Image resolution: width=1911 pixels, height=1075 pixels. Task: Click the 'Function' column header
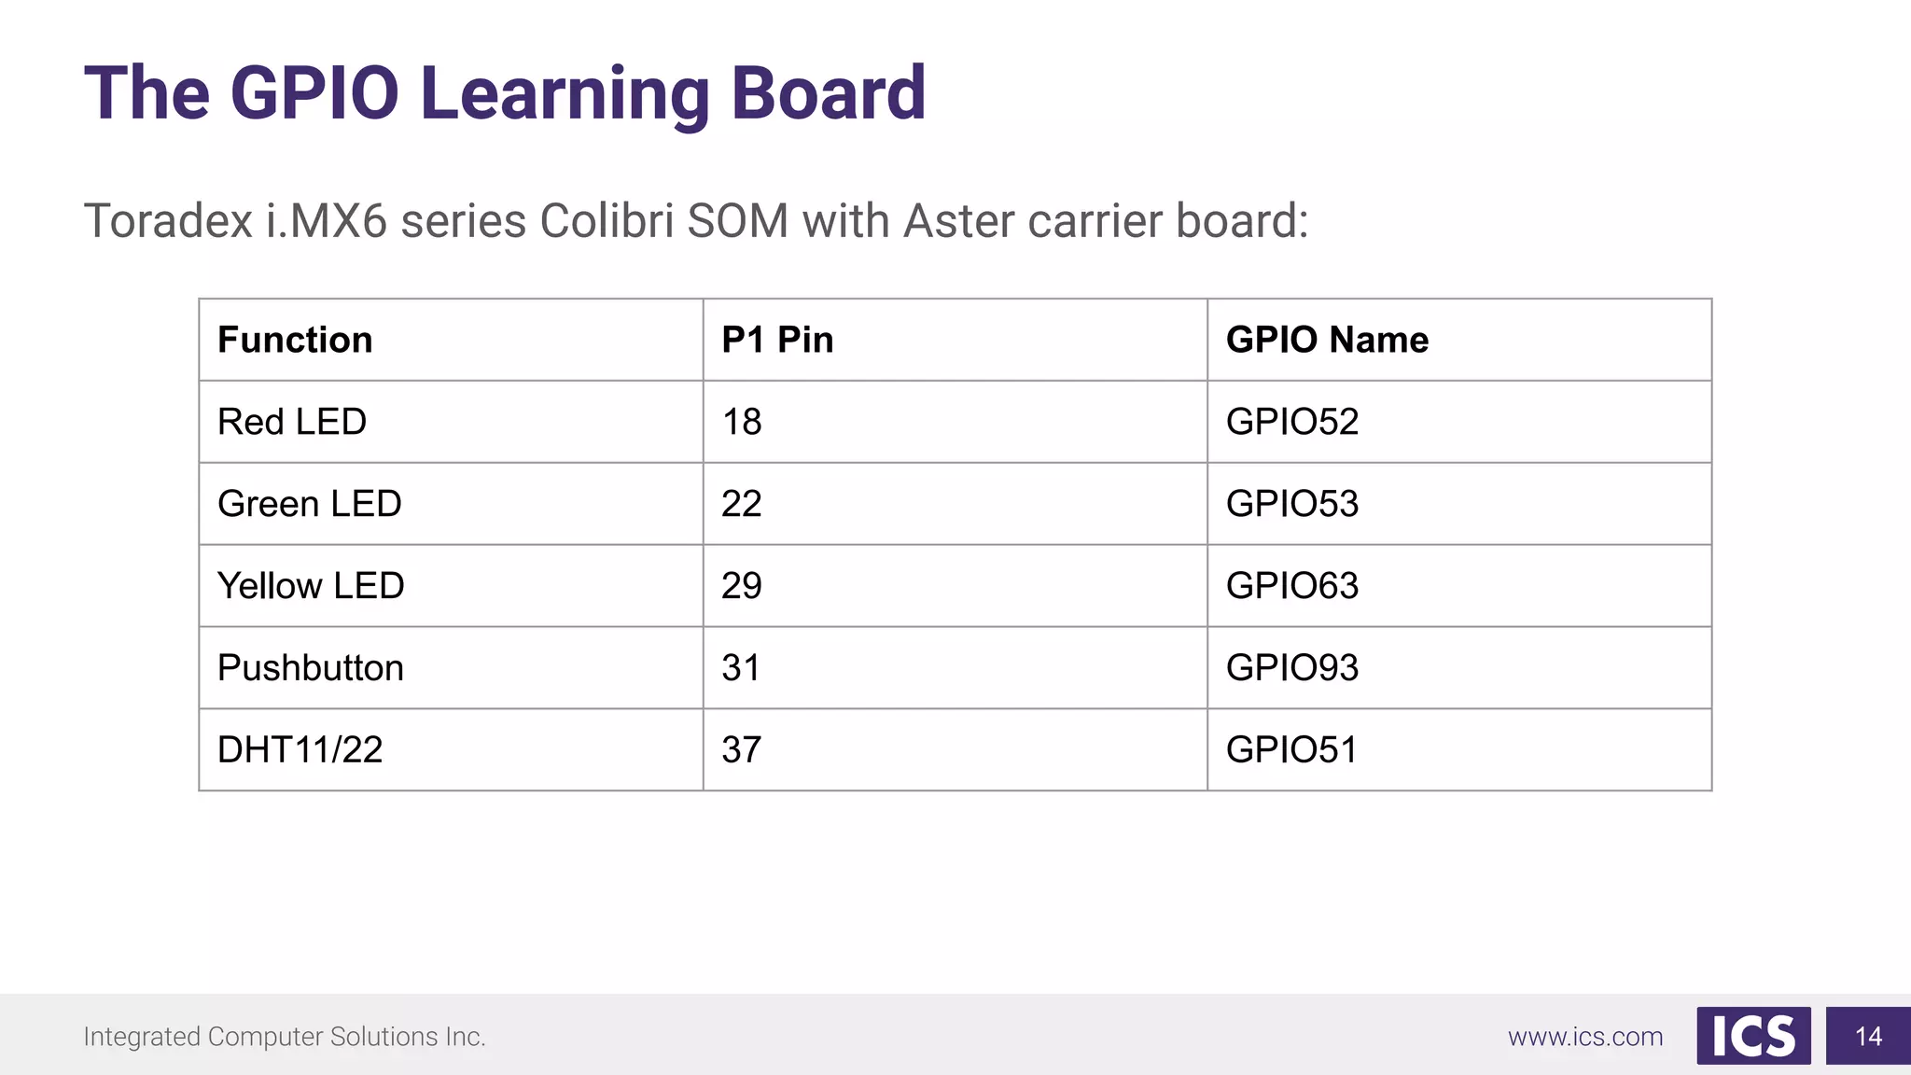(x=295, y=340)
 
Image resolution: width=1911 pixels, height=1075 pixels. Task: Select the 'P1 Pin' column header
(x=777, y=340)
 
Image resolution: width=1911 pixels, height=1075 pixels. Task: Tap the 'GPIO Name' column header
(x=1327, y=340)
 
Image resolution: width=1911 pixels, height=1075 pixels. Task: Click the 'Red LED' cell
(x=292, y=422)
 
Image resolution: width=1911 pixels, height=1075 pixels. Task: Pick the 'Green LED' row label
(x=310, y=504)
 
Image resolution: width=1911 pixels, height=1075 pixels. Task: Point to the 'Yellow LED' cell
(x=311, y=586)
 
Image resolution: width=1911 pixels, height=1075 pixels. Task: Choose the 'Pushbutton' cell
(x=311, y=668)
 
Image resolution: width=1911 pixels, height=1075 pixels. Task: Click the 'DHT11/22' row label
(x=300, y=750)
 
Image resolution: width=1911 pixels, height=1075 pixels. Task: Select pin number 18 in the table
(x=742, y=422)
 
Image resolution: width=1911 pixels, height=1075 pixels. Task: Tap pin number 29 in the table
(x=742, y=586)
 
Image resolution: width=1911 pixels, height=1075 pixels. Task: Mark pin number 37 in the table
(x=742, y=750)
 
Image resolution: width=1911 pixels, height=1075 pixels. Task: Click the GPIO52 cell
(x=1292, y=422)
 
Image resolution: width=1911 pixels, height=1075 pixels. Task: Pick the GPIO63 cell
(x=1292, y=586)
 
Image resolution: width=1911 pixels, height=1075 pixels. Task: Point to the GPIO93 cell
(x=1292, y=668)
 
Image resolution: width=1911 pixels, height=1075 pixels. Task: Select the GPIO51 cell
(x=1292, y=750)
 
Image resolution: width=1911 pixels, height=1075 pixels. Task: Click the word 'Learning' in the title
(x=565, y=93)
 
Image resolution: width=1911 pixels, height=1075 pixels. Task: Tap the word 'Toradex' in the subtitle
(x=168, y=221)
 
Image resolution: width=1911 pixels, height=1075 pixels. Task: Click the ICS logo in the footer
(x=1753, y=1036)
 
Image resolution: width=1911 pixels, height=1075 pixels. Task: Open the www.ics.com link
(x=1585, y=1037)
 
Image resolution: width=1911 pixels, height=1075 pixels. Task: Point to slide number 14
(x=1868, y=1036)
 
